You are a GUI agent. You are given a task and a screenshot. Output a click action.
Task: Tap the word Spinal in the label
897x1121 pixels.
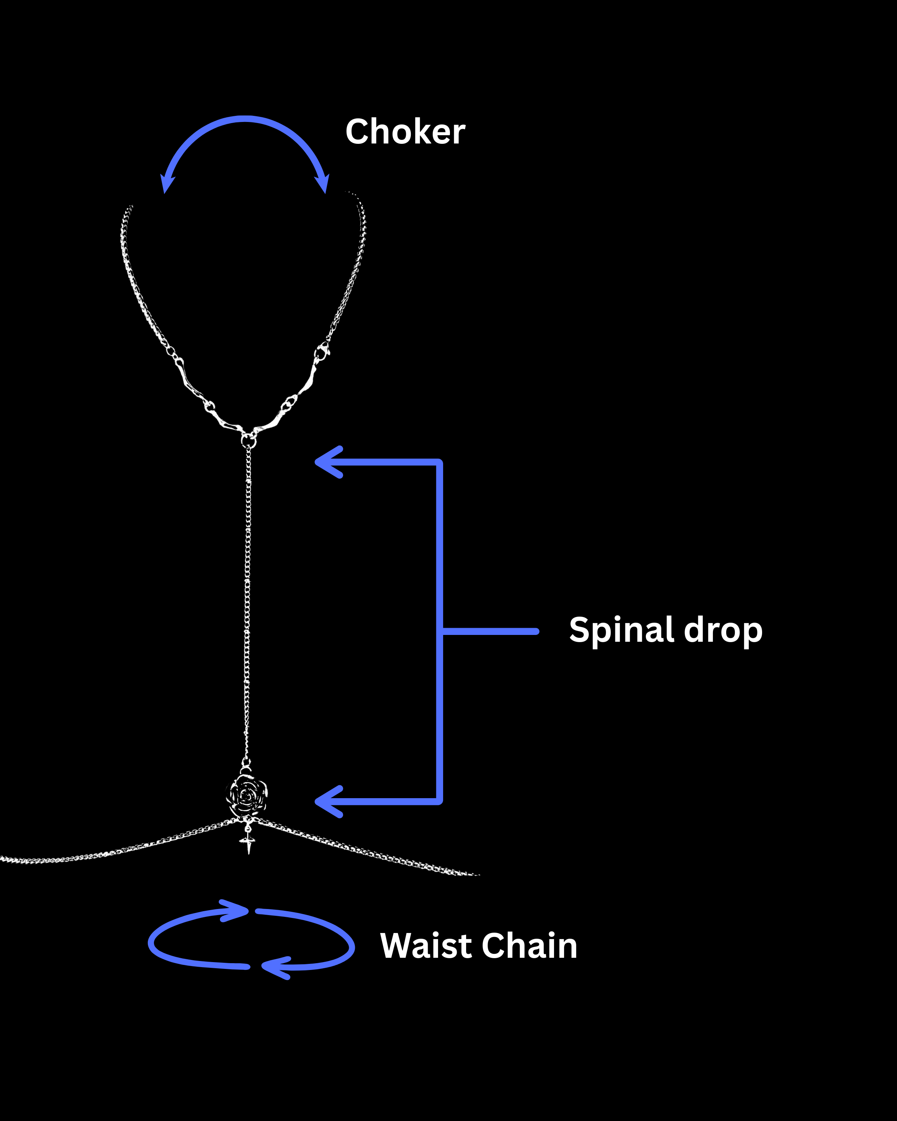point(622,631)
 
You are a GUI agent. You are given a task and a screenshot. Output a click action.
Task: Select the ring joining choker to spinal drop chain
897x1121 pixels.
point(249,441)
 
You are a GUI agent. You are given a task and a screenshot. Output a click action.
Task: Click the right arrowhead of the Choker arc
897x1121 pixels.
point(323,185)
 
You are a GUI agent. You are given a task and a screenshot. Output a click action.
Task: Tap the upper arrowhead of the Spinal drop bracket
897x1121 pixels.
point(327,462)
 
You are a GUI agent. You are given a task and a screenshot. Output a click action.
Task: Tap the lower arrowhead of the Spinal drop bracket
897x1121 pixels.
point(327,801)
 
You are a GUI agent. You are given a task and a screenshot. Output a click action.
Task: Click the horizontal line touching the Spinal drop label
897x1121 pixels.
point(489,631)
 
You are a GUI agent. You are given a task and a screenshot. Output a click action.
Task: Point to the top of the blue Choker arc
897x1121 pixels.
point(244,119)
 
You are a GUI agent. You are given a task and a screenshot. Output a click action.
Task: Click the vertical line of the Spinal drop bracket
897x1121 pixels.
point(440,572)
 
